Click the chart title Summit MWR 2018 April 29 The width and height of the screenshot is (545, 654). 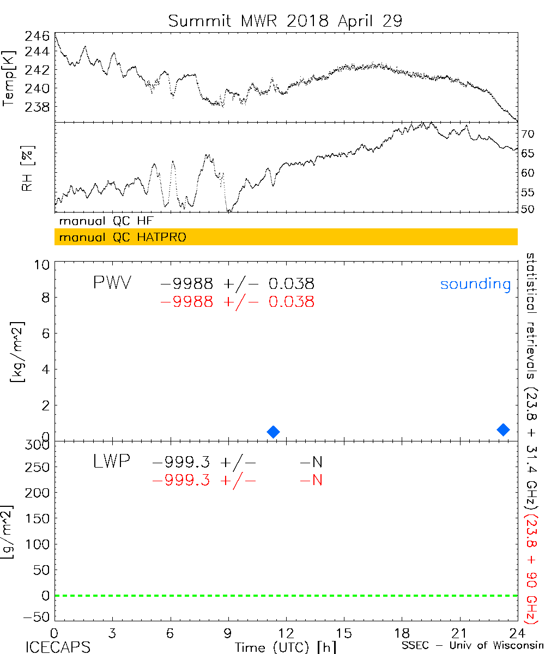(x=285, y=21)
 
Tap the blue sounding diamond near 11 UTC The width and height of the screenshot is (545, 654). (x=273, y=432)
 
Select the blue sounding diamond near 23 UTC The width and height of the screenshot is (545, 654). (x=503, y=429)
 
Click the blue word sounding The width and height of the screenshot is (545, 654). (x=475, y=284)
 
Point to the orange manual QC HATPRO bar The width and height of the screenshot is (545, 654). (x=286, y=237)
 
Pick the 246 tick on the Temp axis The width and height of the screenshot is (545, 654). (x=37, y=37)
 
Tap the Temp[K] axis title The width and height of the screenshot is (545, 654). (x=9, y=78)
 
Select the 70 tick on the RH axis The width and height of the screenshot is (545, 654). (x=529, y=134)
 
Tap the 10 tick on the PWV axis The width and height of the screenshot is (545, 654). (x=44, y=264)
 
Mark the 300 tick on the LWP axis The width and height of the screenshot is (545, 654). (x=39, y=445)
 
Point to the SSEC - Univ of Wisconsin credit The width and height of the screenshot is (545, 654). (x=470, y=646)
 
